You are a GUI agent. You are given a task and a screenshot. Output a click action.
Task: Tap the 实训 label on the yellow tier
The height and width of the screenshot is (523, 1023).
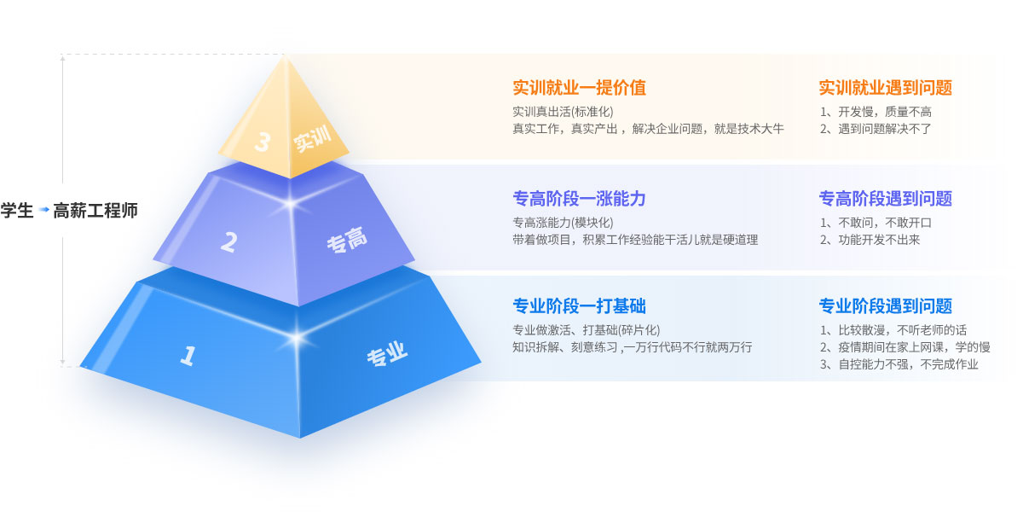pos(312,140)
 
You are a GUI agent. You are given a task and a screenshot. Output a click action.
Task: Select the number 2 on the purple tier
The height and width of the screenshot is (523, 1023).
pos(228,242)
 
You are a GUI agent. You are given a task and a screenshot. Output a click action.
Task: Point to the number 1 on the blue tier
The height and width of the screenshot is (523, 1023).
pos(188,355)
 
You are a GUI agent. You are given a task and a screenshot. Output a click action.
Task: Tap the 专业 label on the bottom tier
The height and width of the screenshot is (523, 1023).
pos(387,355)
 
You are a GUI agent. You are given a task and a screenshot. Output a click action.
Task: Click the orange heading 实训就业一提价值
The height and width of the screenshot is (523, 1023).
pos(579,88)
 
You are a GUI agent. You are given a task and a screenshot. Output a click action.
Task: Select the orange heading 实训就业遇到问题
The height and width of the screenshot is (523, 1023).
pos(885,88)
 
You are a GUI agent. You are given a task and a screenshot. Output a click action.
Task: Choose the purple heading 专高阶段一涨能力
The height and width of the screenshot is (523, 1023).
pos(579,199)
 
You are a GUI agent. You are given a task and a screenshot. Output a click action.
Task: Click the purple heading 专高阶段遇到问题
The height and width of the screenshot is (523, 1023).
pos(885,199)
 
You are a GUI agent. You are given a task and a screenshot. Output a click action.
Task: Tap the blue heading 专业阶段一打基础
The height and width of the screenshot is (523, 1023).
pos(579,306)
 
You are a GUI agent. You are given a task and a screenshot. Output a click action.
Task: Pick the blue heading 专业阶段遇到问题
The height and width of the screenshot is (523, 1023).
pos(885,306)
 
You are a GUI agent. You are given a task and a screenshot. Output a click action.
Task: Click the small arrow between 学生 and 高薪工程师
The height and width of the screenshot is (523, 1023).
pos(43,210)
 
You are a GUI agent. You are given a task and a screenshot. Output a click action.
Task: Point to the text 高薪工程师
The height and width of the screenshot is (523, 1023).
pos(95,210)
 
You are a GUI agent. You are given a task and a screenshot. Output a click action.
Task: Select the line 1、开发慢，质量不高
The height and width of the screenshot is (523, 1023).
pos(876,112)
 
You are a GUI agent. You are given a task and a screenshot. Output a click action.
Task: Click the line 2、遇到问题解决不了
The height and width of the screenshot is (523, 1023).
pos(876,129)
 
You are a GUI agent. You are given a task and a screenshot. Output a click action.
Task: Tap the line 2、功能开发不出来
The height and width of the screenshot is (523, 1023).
pos(870,240)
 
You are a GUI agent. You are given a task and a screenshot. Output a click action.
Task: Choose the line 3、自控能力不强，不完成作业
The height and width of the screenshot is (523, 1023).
pos(899,364)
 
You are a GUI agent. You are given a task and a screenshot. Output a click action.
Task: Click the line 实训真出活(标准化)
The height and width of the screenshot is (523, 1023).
pos(563,112)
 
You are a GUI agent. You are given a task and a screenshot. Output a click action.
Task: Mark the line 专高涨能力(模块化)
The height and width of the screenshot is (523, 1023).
pos(563,223)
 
